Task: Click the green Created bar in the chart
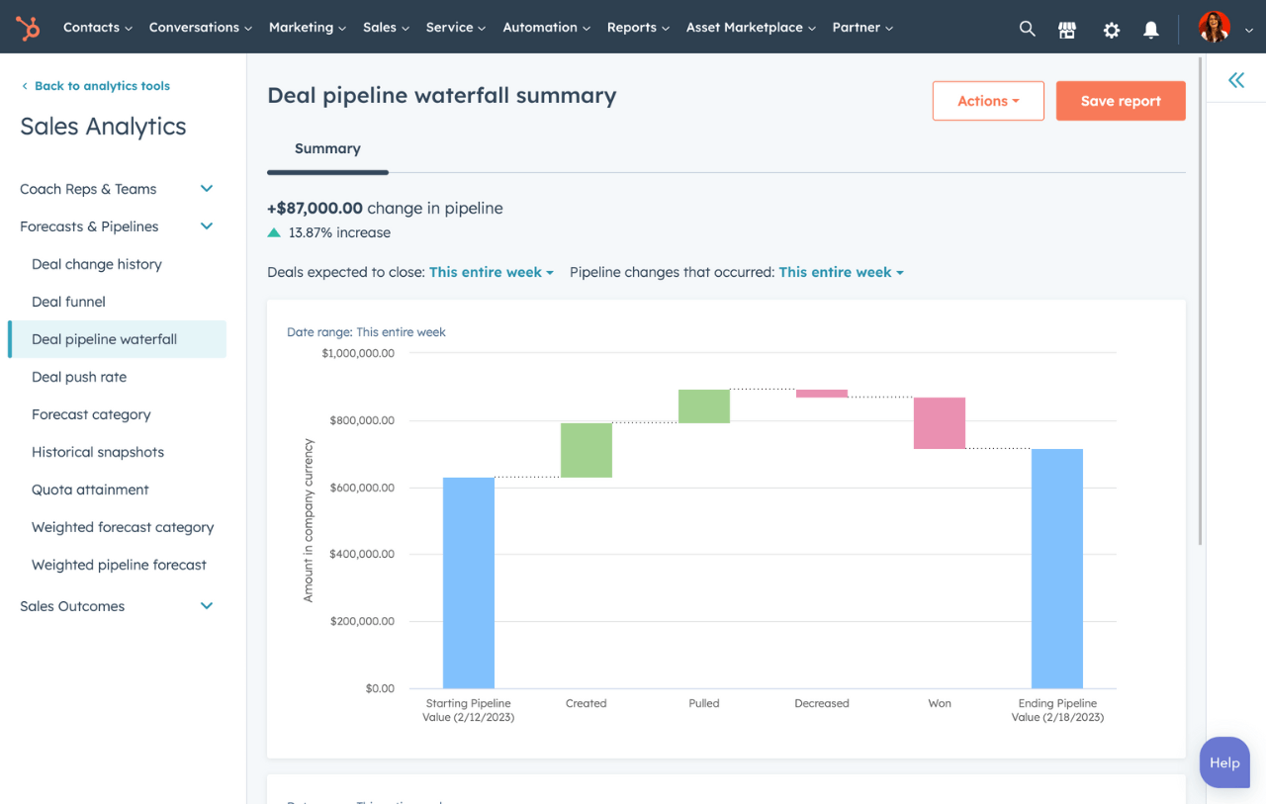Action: [x=587, y=450]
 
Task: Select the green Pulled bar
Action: [x=704, y=406]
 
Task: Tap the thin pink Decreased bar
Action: [x=822, y=394]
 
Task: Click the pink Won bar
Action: [x=940, y=423]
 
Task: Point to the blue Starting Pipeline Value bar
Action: [x=469, y=582]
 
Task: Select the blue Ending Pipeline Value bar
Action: [x=1057, y=569]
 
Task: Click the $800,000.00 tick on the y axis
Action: [x=358, y=420]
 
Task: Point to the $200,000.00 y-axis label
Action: [x=358, y=621]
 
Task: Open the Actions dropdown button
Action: [x=988, y=101]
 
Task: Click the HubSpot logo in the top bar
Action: [x=28, y=28]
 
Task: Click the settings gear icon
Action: [x=1112, y=30]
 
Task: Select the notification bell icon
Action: [x=1151, y=30]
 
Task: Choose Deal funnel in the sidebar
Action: [x=68, y=302]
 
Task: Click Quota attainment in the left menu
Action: [x=90, y=490]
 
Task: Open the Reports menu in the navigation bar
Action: [x=638, y=28]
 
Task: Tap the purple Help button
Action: [x=1224, y=762]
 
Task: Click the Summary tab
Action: [x=327, y=148]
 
